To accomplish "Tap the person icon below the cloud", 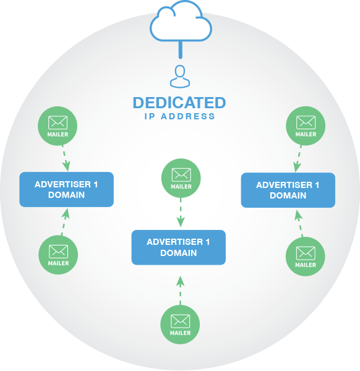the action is tap(180, 77).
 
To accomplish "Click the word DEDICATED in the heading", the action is tap(179, 103).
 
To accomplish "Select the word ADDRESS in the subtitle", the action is tap(188, 116).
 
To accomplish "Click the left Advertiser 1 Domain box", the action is tap(67, 190).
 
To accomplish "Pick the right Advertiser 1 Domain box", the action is tap(288, 190).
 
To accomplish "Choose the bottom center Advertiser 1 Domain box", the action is tap(179, 247).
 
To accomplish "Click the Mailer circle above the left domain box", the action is tap(58, 126).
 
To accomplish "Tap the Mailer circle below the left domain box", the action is tap(58, 255).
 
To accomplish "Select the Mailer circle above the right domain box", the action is tap(306, 126).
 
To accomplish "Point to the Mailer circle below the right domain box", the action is tap(306, 257).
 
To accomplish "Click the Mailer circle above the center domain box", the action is tap(181, 178).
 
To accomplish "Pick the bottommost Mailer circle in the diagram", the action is tap(180, 325).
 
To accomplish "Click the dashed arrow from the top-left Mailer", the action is tap(66, 158).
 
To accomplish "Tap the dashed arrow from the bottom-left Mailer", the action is tap(64, 222).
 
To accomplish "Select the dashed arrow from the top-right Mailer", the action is tap(298, 159).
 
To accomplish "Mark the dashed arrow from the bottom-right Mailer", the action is tap(299, 223).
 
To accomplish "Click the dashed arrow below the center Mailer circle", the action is tap(181, 213).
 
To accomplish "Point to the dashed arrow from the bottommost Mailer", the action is tap(181, 291).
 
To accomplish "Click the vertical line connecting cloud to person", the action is tap(181, 49).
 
